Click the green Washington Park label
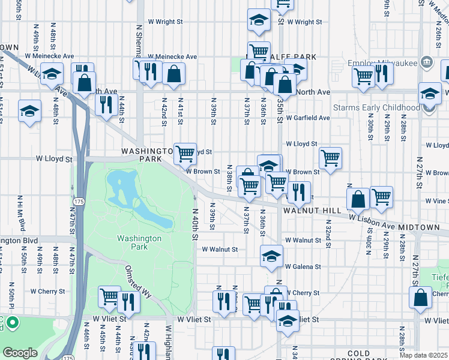139,242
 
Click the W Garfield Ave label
307,118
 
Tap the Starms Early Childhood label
383,107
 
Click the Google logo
20,352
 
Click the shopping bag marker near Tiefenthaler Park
421,296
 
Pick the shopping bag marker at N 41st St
173,74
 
